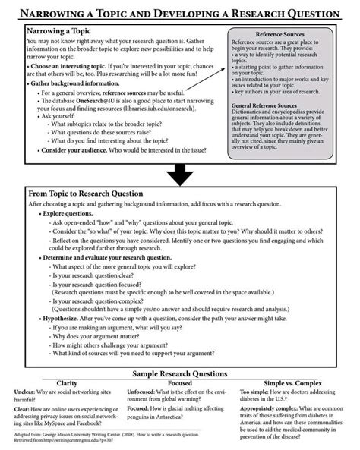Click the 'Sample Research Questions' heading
[x=179, y=374]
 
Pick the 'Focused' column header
[x=179, y=382]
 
